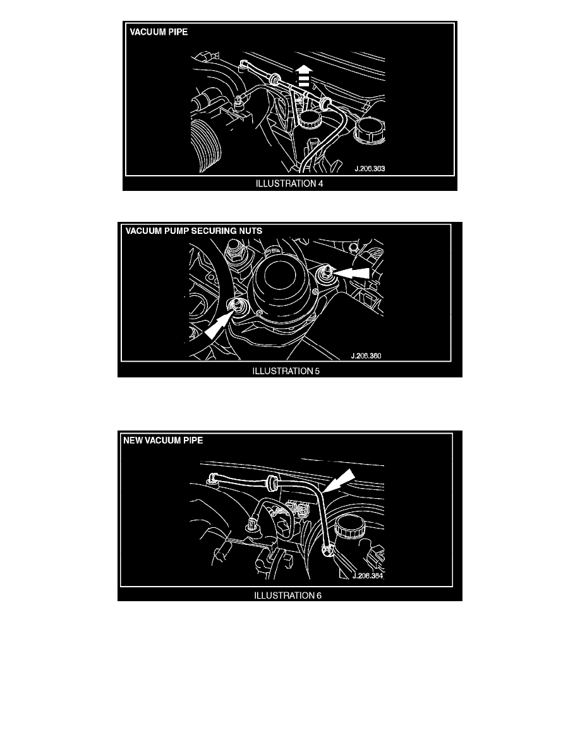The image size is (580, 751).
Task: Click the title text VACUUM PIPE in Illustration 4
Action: coord(159,32)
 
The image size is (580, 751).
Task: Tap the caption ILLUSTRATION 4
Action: coord(289,183)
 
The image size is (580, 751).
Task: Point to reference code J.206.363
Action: coord(370,169)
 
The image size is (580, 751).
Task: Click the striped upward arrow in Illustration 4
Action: coord(303,76)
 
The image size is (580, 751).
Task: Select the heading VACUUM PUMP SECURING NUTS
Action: coord(194,231)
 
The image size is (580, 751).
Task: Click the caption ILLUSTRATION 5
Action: coord(286,370)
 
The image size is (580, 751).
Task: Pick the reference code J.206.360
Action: coord(366,356)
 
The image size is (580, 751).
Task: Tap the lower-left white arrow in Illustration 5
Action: coord(219,325)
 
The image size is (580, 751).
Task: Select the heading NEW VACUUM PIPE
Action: coord(163,440)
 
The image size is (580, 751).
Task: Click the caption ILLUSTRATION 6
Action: coord(287,595)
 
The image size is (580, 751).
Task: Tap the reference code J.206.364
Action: coord(368,576)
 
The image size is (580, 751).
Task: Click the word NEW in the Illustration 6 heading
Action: coord(133,440)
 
